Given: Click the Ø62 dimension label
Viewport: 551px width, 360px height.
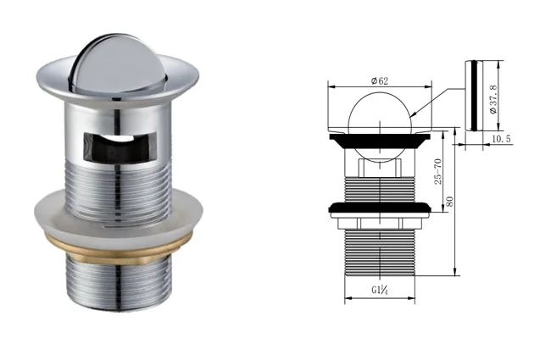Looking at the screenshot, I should click(x=379, y=80).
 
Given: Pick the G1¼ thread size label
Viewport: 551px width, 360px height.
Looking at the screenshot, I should click(x=378, y=291).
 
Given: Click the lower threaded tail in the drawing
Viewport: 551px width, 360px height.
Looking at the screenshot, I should click(x=379, y=250).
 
